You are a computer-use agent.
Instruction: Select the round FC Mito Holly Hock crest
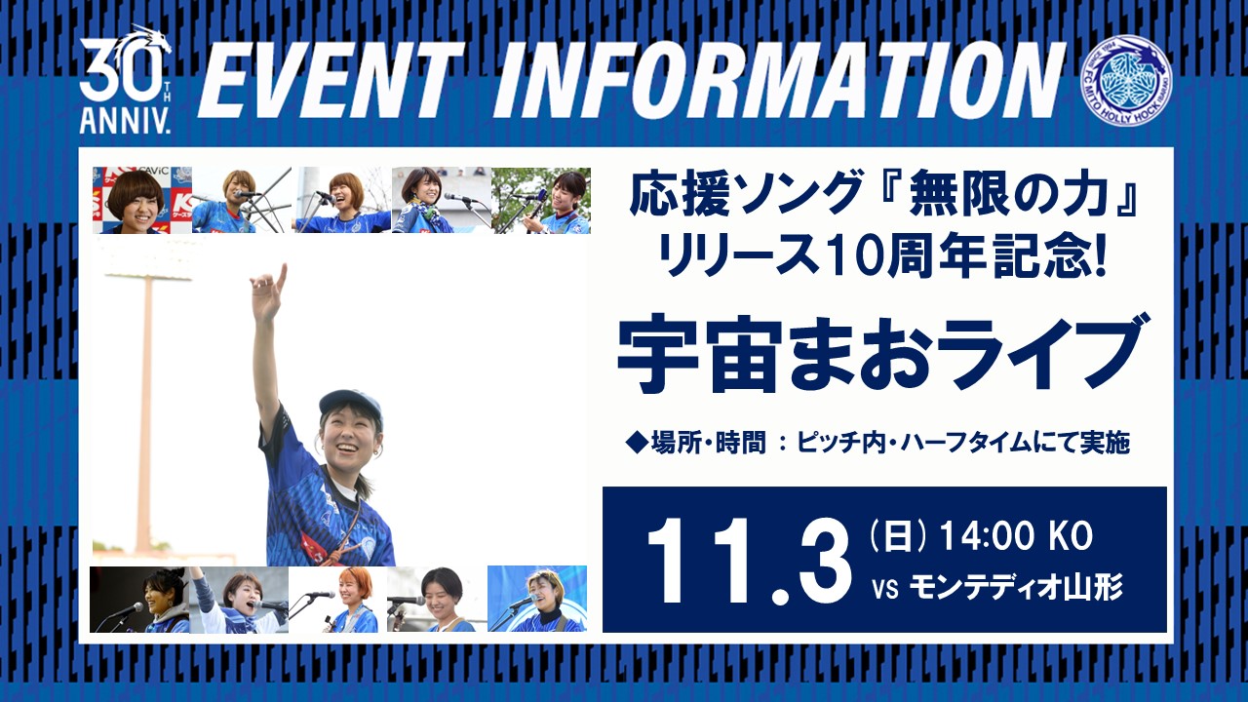(1125, 80)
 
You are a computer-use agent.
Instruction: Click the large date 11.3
(750, 562)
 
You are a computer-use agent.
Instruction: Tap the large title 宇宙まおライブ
(880, 353)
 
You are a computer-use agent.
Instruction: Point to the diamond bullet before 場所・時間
(638, 443)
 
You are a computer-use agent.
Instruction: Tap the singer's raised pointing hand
(269, 292)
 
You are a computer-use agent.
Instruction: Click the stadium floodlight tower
(146, 401)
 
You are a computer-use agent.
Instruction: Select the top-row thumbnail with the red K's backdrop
(142, 200)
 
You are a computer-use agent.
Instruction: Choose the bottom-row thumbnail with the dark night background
(139, 600)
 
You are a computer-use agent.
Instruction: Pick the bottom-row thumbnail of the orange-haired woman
(338, 600)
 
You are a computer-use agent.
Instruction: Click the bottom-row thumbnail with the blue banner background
(537, 599)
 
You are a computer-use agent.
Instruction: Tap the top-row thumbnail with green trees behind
(541, 200)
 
